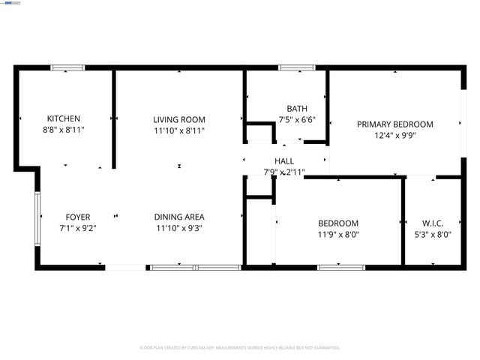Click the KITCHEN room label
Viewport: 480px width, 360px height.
[x=64, y=118]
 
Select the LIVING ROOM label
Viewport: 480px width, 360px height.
[x=179, y=119]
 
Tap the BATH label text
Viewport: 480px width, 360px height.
[x=297, y=109]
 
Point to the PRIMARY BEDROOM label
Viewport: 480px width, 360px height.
[x=394, y=124]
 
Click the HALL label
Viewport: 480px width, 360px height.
[x=284, y=161]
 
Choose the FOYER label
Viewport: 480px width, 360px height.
[x=78, y=217]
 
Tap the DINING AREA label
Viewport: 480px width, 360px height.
[x=179, y=217]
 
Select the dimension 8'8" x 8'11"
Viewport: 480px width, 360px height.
[x=64, y=130]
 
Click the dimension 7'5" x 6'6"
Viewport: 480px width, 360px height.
[x=297, y=119]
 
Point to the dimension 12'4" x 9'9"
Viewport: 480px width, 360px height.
[x=394, y=136]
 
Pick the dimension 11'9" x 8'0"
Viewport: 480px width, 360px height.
[x=338, y=234]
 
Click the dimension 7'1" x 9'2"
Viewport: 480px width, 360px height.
[x=78, y=228]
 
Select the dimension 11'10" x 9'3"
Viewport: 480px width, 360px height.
[x=179, y=228]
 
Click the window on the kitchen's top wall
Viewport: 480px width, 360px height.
[x=67, y=68]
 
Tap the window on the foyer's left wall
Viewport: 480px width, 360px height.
[x=37, y=218]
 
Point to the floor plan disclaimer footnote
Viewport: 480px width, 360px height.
[x=240, y=348]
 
